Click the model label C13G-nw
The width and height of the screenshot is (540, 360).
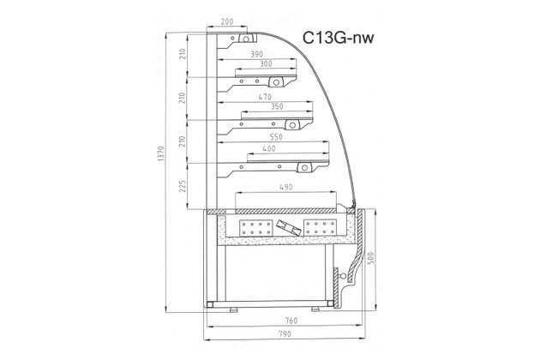pos(338,38)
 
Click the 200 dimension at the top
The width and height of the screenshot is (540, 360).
pos(227,21)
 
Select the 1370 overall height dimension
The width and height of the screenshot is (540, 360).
pos(162,154)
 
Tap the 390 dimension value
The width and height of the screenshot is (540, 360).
pos(256,54)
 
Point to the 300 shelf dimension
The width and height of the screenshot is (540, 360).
pos(266,63)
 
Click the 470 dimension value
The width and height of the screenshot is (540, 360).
pos(265,97)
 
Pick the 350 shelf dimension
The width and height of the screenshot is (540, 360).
pos(277,106)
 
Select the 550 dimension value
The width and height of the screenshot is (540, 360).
pos(276,137)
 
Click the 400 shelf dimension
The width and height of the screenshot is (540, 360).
pos(269,148)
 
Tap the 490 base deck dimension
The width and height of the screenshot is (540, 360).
pos(285,187)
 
